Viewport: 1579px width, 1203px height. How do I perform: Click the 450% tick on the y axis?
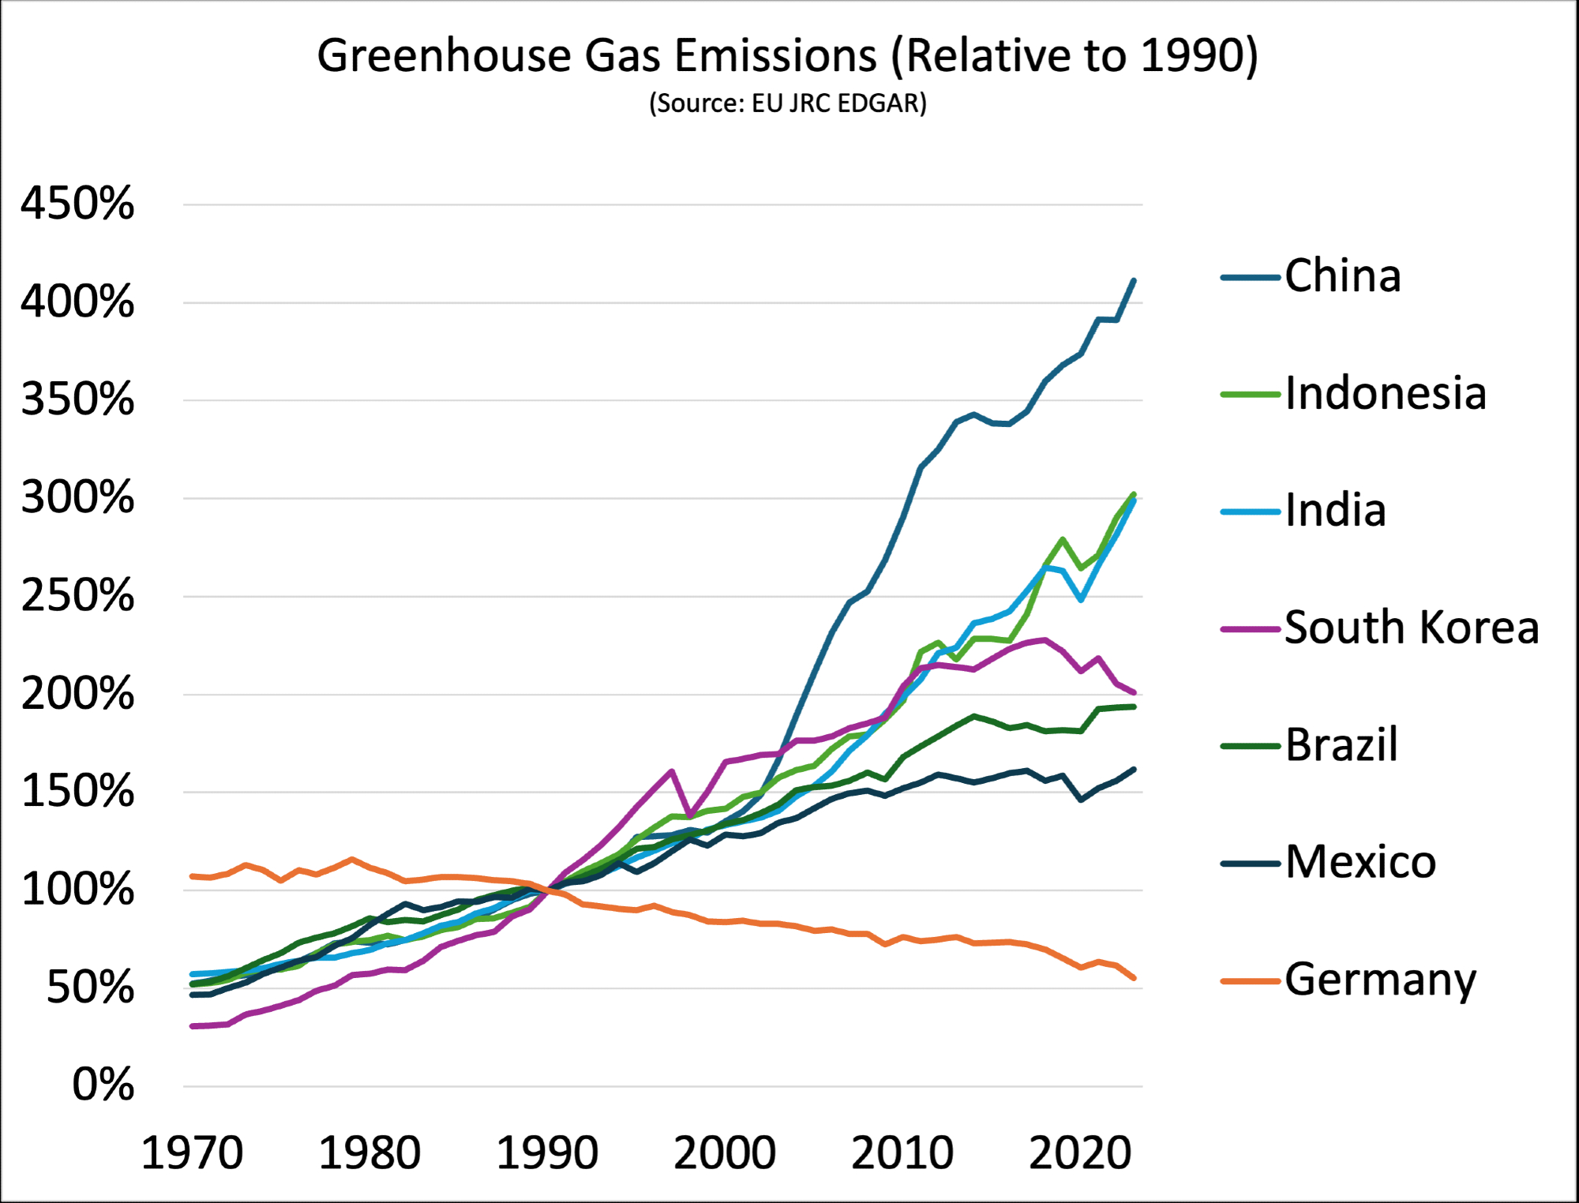pyautogui.click(x=77, y=204)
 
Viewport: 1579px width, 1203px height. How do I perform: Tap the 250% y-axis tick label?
pyautogui.click(x=77, y=595)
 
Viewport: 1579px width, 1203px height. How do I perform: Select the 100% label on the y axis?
pyautogui.click(x=77, y=890)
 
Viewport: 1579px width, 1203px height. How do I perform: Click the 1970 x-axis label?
pyautogui.click(x=192, y=1153)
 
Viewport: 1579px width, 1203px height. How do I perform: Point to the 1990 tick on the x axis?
pyautogui.click(x=547, y=1153)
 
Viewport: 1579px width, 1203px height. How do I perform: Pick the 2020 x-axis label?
pyautogui.click(x=1080, y=1153)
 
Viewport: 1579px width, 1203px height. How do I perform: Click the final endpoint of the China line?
pyautogui.click(x=1134, y=280)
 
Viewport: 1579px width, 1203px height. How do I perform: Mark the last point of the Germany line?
pyautogui.click(x=1134, y=978)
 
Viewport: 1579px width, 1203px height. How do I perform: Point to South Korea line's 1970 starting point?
pyautogui.click(x=193, y=1026)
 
